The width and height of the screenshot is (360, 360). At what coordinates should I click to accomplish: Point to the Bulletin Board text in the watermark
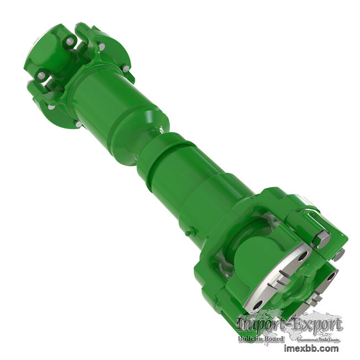[261, 338]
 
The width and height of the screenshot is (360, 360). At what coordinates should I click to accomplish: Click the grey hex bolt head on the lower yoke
[322, 239]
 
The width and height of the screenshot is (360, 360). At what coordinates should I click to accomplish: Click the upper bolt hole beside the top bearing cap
[69, 41]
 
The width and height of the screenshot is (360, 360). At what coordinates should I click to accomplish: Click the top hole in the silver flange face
[301, 256]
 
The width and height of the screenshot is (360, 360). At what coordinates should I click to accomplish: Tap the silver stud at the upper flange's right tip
[126, 68]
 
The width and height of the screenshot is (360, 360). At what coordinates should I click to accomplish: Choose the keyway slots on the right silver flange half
[315, 300]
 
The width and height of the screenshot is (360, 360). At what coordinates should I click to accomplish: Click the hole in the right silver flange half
[331, 275]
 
